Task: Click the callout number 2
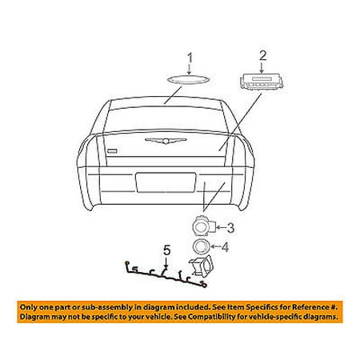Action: [x=261, y=55]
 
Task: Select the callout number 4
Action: [x=226, y=246]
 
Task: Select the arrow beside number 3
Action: [x=218, y=226]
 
